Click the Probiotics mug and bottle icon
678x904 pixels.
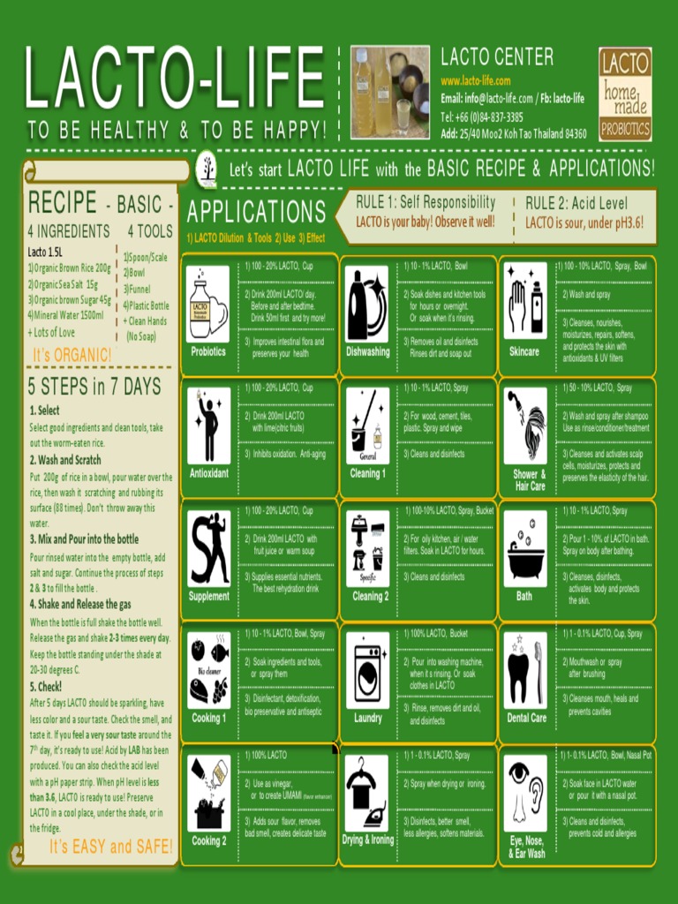207,304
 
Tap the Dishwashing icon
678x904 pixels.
367,304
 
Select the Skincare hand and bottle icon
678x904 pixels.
525,304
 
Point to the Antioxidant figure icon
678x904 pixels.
208,426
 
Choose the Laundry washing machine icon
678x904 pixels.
367,671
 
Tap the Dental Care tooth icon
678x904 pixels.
525,671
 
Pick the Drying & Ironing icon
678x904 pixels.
367,793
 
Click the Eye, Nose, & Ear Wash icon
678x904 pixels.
525,793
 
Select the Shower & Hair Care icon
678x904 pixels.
525,426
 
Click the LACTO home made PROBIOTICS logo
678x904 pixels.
625,94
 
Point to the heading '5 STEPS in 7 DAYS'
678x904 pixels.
94,387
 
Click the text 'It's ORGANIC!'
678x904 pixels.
72,355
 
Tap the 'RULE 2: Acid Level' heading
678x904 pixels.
576,203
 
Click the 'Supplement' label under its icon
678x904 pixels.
208,596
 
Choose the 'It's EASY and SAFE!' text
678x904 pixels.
111,847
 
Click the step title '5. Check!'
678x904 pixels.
46,686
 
